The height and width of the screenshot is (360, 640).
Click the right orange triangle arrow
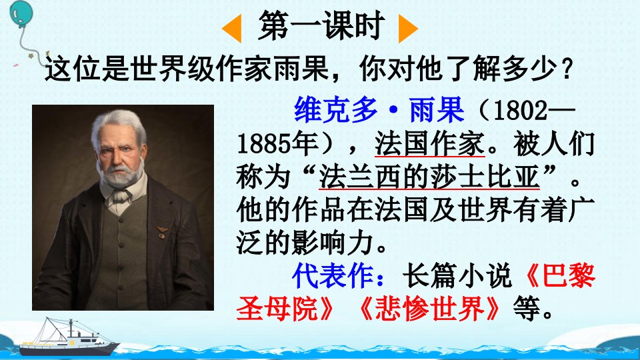pos(406,29)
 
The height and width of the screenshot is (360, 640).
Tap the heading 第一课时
pos(321,26)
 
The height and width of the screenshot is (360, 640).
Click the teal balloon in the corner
pos(21,14)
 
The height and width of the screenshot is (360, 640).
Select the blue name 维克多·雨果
pos(379,110)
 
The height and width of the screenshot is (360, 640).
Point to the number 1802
pos(520,110)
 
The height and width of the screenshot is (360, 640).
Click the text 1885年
pos(277,144)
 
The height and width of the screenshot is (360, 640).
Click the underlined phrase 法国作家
pos(429,144)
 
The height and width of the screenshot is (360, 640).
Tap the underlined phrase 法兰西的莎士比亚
pos(429,177)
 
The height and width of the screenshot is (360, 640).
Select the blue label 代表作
pos(333,275)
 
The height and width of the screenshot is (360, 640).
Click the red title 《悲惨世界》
pos(429,308)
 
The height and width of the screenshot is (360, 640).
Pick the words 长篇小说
pos(456,275)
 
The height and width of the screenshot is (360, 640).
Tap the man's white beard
pos(121,173)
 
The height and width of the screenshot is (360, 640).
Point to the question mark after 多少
pos(567,69)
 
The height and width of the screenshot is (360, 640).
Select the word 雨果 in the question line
pos(301,68)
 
